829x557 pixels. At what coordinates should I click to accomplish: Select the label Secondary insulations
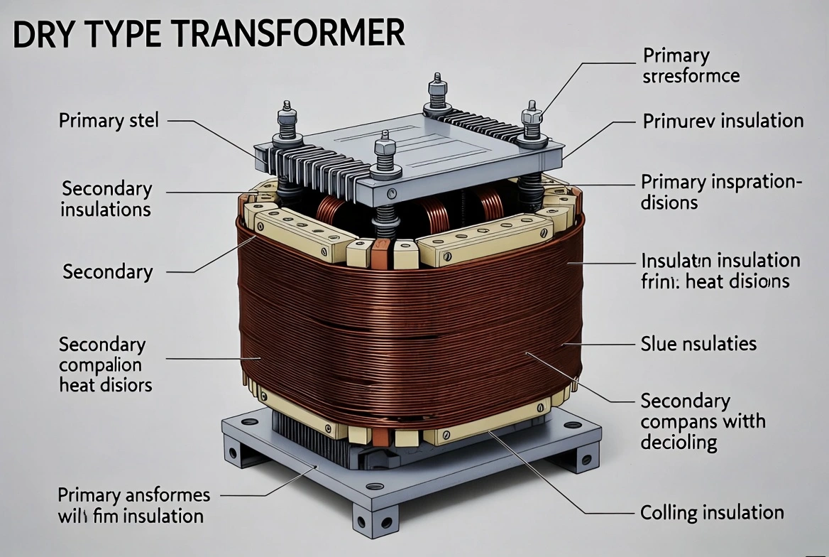tap(106, 199)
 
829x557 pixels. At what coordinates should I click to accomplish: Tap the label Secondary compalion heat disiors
tap(105, 364)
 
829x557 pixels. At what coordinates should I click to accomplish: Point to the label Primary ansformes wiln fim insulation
tap(133, 504)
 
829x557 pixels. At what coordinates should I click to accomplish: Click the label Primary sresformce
tap(691, 65)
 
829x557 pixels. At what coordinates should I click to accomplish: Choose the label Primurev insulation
tap(723, 121)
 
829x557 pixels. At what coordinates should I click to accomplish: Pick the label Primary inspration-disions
tap(720, 192)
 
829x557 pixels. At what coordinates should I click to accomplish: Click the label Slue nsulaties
tap(698, 344)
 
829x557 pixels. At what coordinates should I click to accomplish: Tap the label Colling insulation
tap(712, 512)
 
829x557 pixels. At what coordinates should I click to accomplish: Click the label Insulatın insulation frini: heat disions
tap(720, 270)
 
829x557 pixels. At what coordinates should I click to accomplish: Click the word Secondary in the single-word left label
tap(107, 271)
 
